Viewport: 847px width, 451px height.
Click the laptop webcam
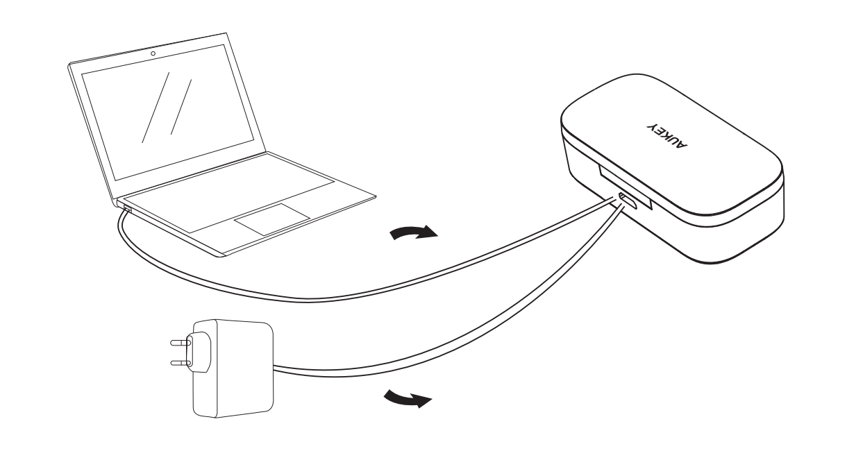coord(153,53)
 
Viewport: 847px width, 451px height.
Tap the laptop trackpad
coord(272,221)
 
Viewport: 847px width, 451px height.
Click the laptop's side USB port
coord(128,209)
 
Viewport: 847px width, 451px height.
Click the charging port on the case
coord(628,201)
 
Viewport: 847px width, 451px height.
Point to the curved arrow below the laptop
coord(413,232)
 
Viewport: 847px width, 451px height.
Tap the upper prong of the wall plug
coord(180,343)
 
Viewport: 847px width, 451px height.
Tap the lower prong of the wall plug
coord(180,364)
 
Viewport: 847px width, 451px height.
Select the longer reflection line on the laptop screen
coord(156,107)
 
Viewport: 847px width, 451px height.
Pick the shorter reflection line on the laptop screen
coord(181,107)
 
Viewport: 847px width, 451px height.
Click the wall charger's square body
coord(233,369)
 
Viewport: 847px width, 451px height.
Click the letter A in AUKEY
coord(682,144)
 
